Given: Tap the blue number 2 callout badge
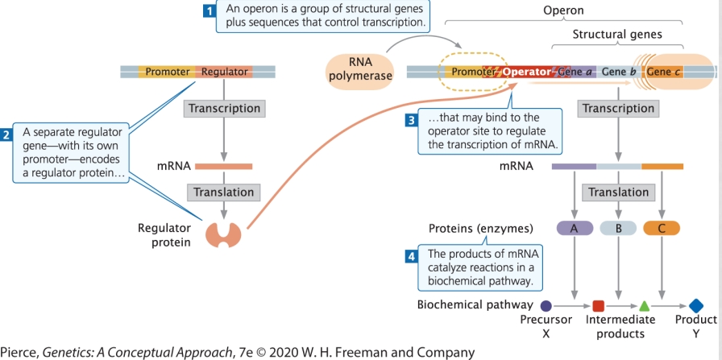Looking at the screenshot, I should click(x=7, y=134).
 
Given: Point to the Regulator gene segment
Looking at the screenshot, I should click(x=224, y=72).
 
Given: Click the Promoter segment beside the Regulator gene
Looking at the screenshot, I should click(x=167, y=72).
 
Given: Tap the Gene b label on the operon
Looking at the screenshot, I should click(x=619, y=72).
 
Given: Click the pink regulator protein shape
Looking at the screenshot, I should click(x=223, y=234).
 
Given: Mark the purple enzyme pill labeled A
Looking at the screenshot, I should click(x=575, y=228).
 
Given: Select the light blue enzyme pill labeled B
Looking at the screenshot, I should click(x=618, y=228).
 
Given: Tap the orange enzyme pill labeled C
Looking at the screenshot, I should click(x=662, y=228).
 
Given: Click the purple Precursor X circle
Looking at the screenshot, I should click(x=546, y=306).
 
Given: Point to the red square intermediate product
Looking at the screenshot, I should click(x=598, y=306).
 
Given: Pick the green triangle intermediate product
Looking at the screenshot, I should click(x=644, y=306).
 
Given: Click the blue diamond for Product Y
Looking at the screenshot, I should click(x=697, y=306).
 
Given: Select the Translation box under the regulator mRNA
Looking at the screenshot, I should click(x=223, y=192).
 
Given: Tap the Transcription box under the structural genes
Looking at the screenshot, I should click(x=618, y=109).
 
